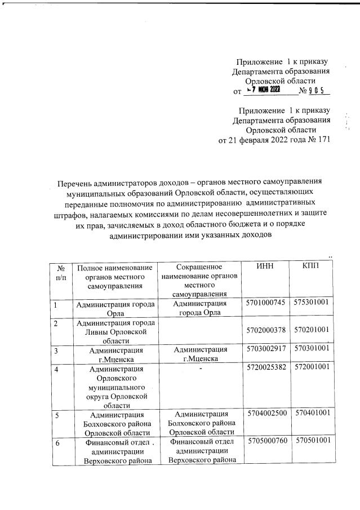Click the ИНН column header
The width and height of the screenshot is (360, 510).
tap(265, 267)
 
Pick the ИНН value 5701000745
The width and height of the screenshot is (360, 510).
tap(266, 304)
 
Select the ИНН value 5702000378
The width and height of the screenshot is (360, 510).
tap(266, 329)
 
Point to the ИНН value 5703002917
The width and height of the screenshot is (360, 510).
tap(266, 350)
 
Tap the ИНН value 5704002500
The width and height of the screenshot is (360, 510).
tap(266, 414)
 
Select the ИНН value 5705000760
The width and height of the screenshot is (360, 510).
tap(266, 440)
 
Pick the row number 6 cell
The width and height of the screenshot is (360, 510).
tap(56, 440)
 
